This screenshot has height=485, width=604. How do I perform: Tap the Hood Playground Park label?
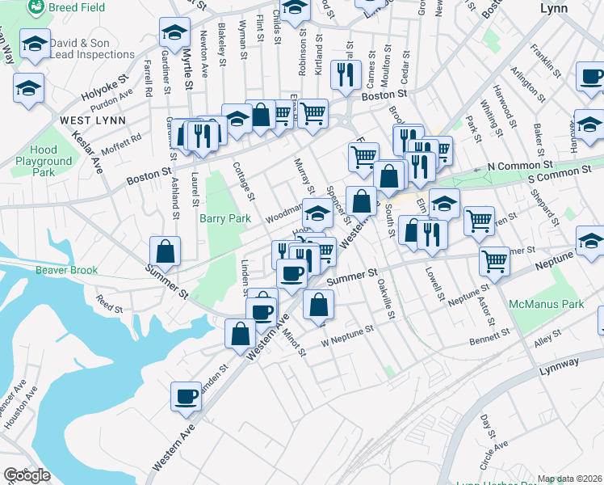pyautogui.click(x=44, y=161)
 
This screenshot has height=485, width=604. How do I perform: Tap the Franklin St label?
pyautogui.click(x=545, y=61)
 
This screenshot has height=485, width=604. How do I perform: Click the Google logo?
pyautogui.click(x=27, y=475)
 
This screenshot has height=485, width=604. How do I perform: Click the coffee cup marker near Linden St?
pyautogui.click(x=187, y=396)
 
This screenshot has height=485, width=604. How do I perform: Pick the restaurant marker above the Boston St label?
pyautogui.click(x=347, y=75)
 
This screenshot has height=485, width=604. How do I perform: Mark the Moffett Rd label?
pyautogui.click(x=123, y=137)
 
